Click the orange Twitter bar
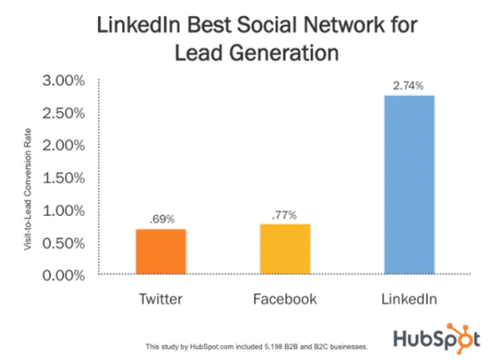coord(160,251)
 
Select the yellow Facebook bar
coord(285,249)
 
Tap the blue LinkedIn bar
coord(409,185)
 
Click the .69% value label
coord(160,219)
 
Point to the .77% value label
coord(285,214)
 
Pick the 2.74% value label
coord(409,86)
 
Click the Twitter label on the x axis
coord(160,299)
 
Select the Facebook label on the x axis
coord(285,299)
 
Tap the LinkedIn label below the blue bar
coord(409,299)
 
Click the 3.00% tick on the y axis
coord(64,81)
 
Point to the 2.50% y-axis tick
coord(64,113)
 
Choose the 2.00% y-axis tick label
coord(64,146)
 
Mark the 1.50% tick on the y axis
coord(64,178)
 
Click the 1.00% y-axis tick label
coord(64,211)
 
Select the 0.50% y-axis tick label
coord(64,244)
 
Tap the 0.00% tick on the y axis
coord(64,276)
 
